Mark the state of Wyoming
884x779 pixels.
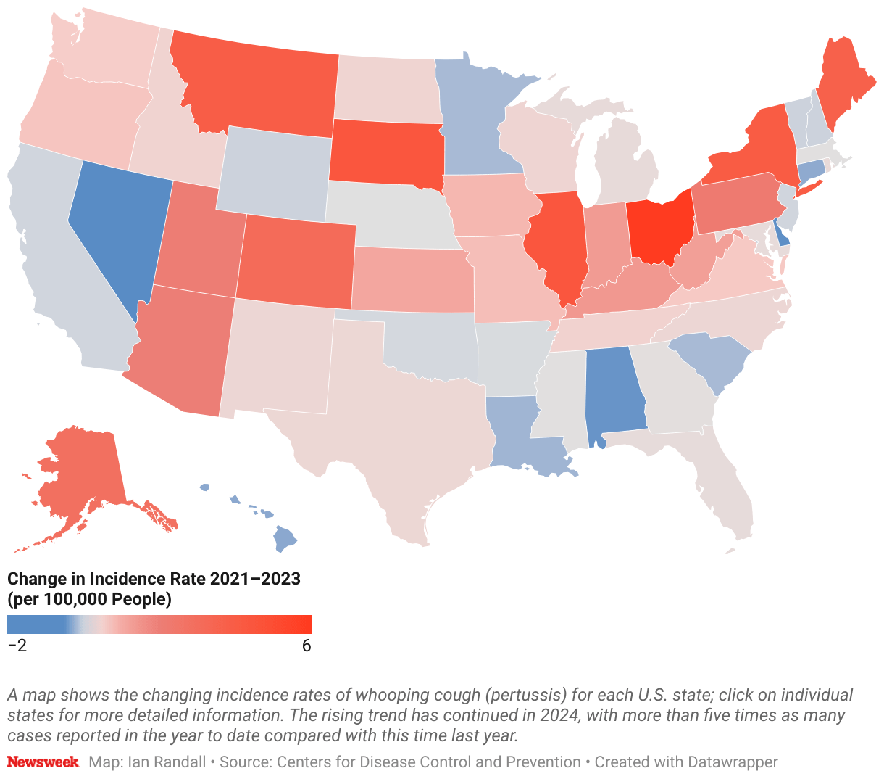274,173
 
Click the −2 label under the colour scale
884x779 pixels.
17,646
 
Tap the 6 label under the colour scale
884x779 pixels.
307,646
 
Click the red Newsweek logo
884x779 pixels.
43,762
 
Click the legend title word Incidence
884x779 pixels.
124,579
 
